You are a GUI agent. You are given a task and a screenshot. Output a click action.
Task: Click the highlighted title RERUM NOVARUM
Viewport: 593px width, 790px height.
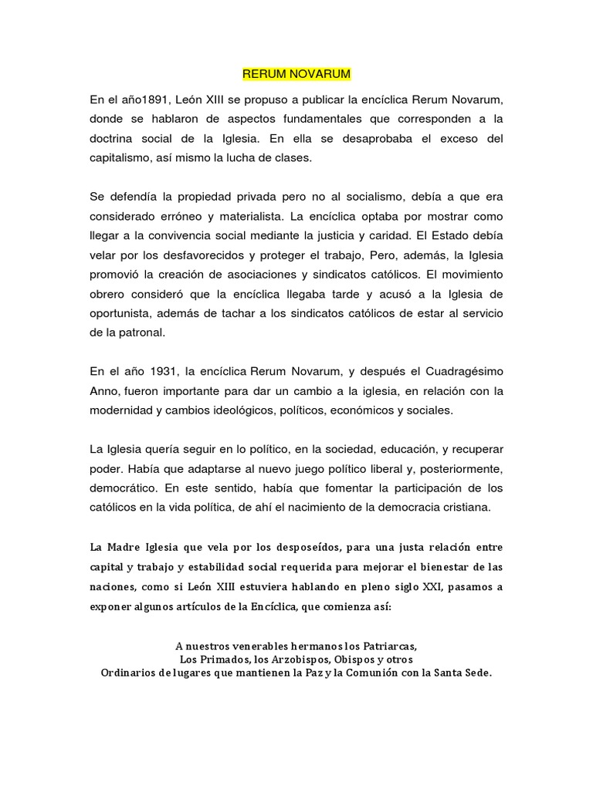tap(296, 74)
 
